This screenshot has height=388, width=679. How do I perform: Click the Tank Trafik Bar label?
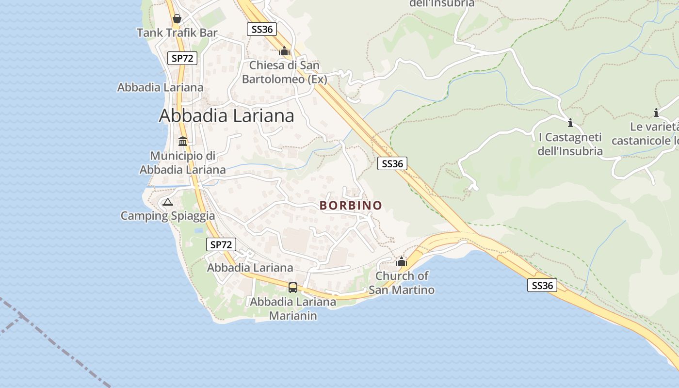click(177, 33)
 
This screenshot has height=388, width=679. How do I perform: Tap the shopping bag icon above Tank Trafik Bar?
click(177, 18)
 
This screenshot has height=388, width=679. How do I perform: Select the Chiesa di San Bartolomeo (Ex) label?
click(285, 72)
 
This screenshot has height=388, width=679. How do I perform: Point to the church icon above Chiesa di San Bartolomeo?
click(284, 50)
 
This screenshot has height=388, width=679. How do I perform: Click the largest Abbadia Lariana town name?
click(226, 116)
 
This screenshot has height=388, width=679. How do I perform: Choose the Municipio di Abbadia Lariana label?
click(183, 162)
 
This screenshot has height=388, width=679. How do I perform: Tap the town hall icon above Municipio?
click(183, 141)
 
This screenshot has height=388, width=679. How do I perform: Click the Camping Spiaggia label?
click(167, 216)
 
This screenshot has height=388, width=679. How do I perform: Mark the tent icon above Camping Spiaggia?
click(168, 202)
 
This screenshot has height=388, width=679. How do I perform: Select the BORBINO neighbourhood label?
click(351, 206)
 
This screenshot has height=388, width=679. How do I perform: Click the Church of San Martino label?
click(402, 283)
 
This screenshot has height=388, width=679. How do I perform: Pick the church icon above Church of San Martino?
click(402, 262)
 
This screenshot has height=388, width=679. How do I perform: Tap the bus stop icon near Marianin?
click(293, 287)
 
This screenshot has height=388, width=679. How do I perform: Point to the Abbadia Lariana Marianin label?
click(293, 308)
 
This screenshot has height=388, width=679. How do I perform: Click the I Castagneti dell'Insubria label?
click(570, 144)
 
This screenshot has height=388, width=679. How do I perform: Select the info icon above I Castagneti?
click(570, 122)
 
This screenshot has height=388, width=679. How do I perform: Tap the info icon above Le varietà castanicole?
click(656, 113)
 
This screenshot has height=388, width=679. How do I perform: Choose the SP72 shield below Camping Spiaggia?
click(221, 244)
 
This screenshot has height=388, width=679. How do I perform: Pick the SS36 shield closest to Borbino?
click(392, 163)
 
